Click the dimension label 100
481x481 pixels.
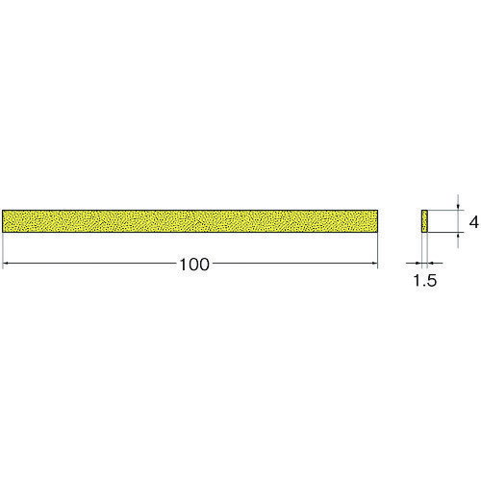coord(194,265)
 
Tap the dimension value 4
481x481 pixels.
coord(473,222)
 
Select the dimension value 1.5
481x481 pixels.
coord(425,281)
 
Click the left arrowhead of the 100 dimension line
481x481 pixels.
coord(5,264)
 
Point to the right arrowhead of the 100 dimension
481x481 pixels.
coord(375,264)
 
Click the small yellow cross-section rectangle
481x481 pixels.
coord(424,221)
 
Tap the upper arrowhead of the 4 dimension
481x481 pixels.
coord(458,207)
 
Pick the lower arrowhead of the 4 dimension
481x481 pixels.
coord(458,235)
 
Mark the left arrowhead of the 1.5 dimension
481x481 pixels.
coord(418,264)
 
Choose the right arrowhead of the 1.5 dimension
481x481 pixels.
coord(431,264)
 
